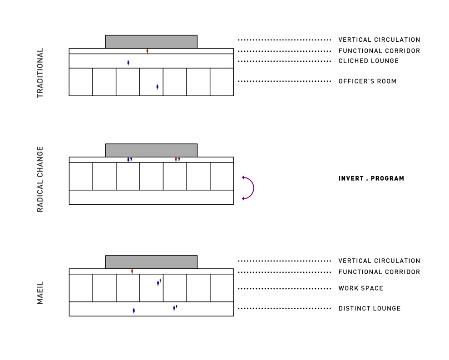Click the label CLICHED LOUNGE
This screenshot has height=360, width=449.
(x=368, y=61)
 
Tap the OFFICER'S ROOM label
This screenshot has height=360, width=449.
(x=367, y=81)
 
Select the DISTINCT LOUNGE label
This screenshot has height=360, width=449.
(x=370, y=309)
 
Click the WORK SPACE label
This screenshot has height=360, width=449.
(x=360, y=288)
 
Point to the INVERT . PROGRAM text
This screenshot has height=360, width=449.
(x=371, y=178)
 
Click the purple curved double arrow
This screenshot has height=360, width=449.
(x=249, y=188)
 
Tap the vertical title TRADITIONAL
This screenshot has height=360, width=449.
(x=40, y=73)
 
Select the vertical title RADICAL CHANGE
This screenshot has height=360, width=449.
(x=40, y=179)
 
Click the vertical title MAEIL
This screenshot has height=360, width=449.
(x=40, y=293)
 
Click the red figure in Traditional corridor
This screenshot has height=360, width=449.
(x=147, y=51)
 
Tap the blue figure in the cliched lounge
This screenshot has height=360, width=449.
(x=128, y=63)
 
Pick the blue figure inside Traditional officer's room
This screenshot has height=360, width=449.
(x=157, y=87)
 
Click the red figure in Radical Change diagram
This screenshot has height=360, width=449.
(x=176, y=159)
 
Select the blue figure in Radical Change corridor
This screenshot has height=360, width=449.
(x=128, y=159)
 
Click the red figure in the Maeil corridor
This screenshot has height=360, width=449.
(x=132, y=271)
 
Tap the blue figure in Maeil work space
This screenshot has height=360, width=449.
(x=158, y=283)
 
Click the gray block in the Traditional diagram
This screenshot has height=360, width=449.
(x=151, y=42)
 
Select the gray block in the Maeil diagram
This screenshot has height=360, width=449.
(x=151, y=262)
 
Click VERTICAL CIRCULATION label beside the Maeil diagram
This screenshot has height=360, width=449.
(x=379, y=261)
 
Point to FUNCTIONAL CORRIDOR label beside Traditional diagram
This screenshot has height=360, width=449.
(x=379, y=51)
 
